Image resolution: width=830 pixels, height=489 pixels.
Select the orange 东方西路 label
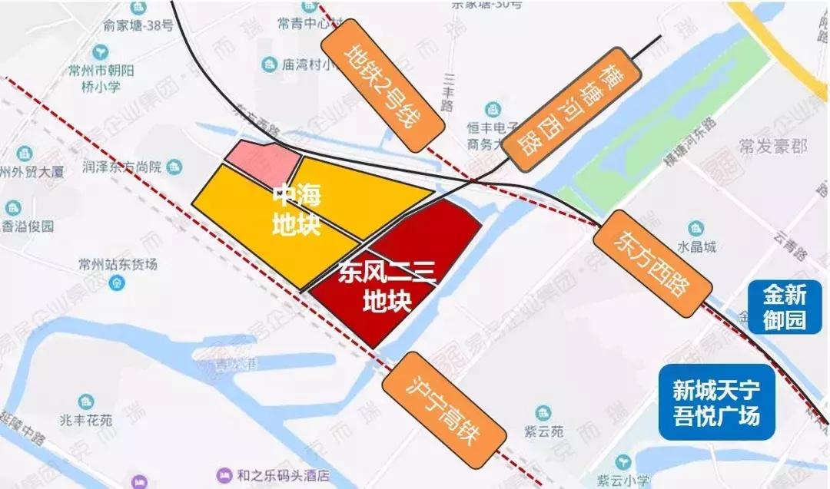[x=652, y=266]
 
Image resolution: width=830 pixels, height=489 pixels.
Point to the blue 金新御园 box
[x=785, y=306]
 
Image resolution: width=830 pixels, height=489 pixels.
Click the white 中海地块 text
[x=296, y=211]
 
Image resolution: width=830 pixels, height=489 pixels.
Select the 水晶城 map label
[x=696, y=246]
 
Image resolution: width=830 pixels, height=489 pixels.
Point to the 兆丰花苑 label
[x=85, y=420]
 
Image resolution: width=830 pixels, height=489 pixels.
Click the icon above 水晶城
[x=696, y=228]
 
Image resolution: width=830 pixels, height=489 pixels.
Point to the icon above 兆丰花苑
[x=85, y=401]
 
